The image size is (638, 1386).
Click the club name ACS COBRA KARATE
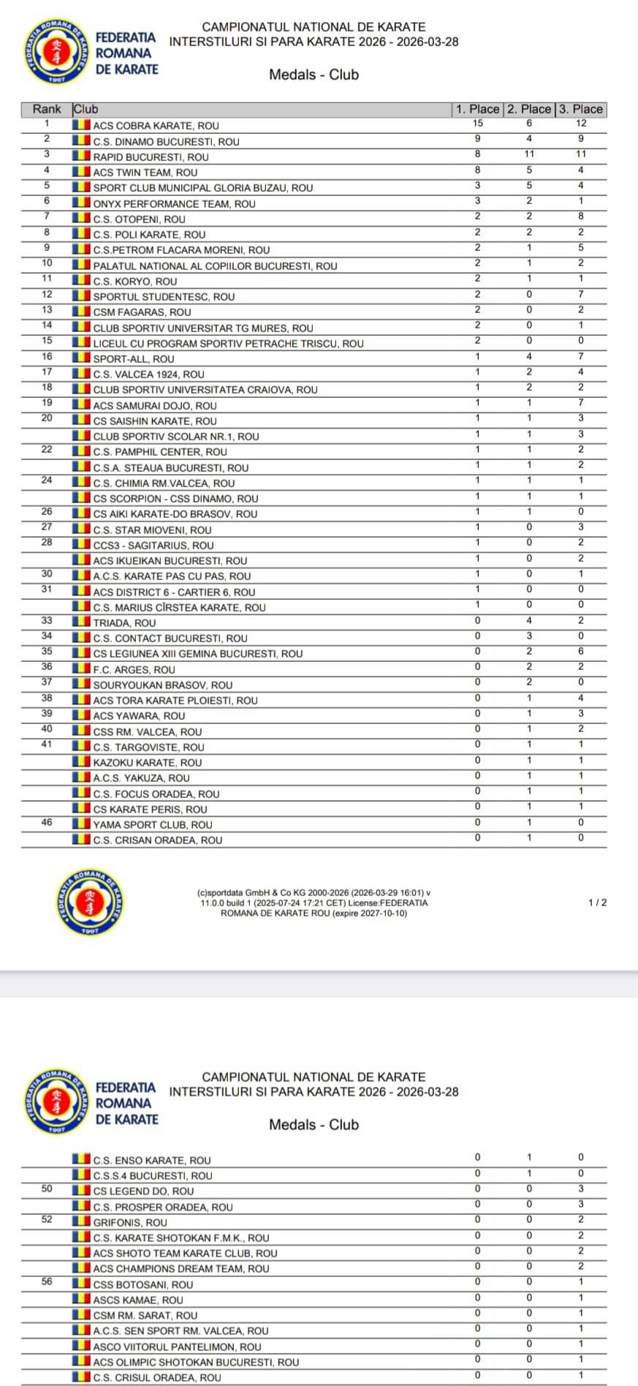click(x=156, y=126)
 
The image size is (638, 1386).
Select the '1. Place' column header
click(x=478, y=110)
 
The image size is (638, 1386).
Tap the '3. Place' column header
click(x=581, y=110)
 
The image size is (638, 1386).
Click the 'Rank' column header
click(x=47, y=110)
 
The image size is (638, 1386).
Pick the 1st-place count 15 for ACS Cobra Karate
click(x=478, y=124)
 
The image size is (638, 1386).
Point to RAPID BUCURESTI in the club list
click(x=151, y=157)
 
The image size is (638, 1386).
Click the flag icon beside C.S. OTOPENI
click(x=81, y=219)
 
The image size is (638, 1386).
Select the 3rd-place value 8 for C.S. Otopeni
click(x=581, y=216)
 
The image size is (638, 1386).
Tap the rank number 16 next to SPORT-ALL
click(x=47, y=357)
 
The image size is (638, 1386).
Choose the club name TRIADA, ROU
click(x=124, y=623)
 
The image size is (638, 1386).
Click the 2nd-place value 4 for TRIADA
click(x=529, y=621)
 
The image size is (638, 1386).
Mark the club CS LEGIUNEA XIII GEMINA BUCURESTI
click(x=197, y=654)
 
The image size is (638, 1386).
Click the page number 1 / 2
click(x=597, y=903)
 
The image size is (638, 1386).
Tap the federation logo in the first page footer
click(x=89, y=903)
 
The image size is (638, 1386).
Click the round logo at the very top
click(x=57, y=52)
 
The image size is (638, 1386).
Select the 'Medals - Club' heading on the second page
click(x=314, y=1125)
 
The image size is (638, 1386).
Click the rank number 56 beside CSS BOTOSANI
click(x=47, y=1281)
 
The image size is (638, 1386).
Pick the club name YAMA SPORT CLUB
click(x=153, y=825)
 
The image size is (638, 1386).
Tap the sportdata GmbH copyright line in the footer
click(x=314, y=893)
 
